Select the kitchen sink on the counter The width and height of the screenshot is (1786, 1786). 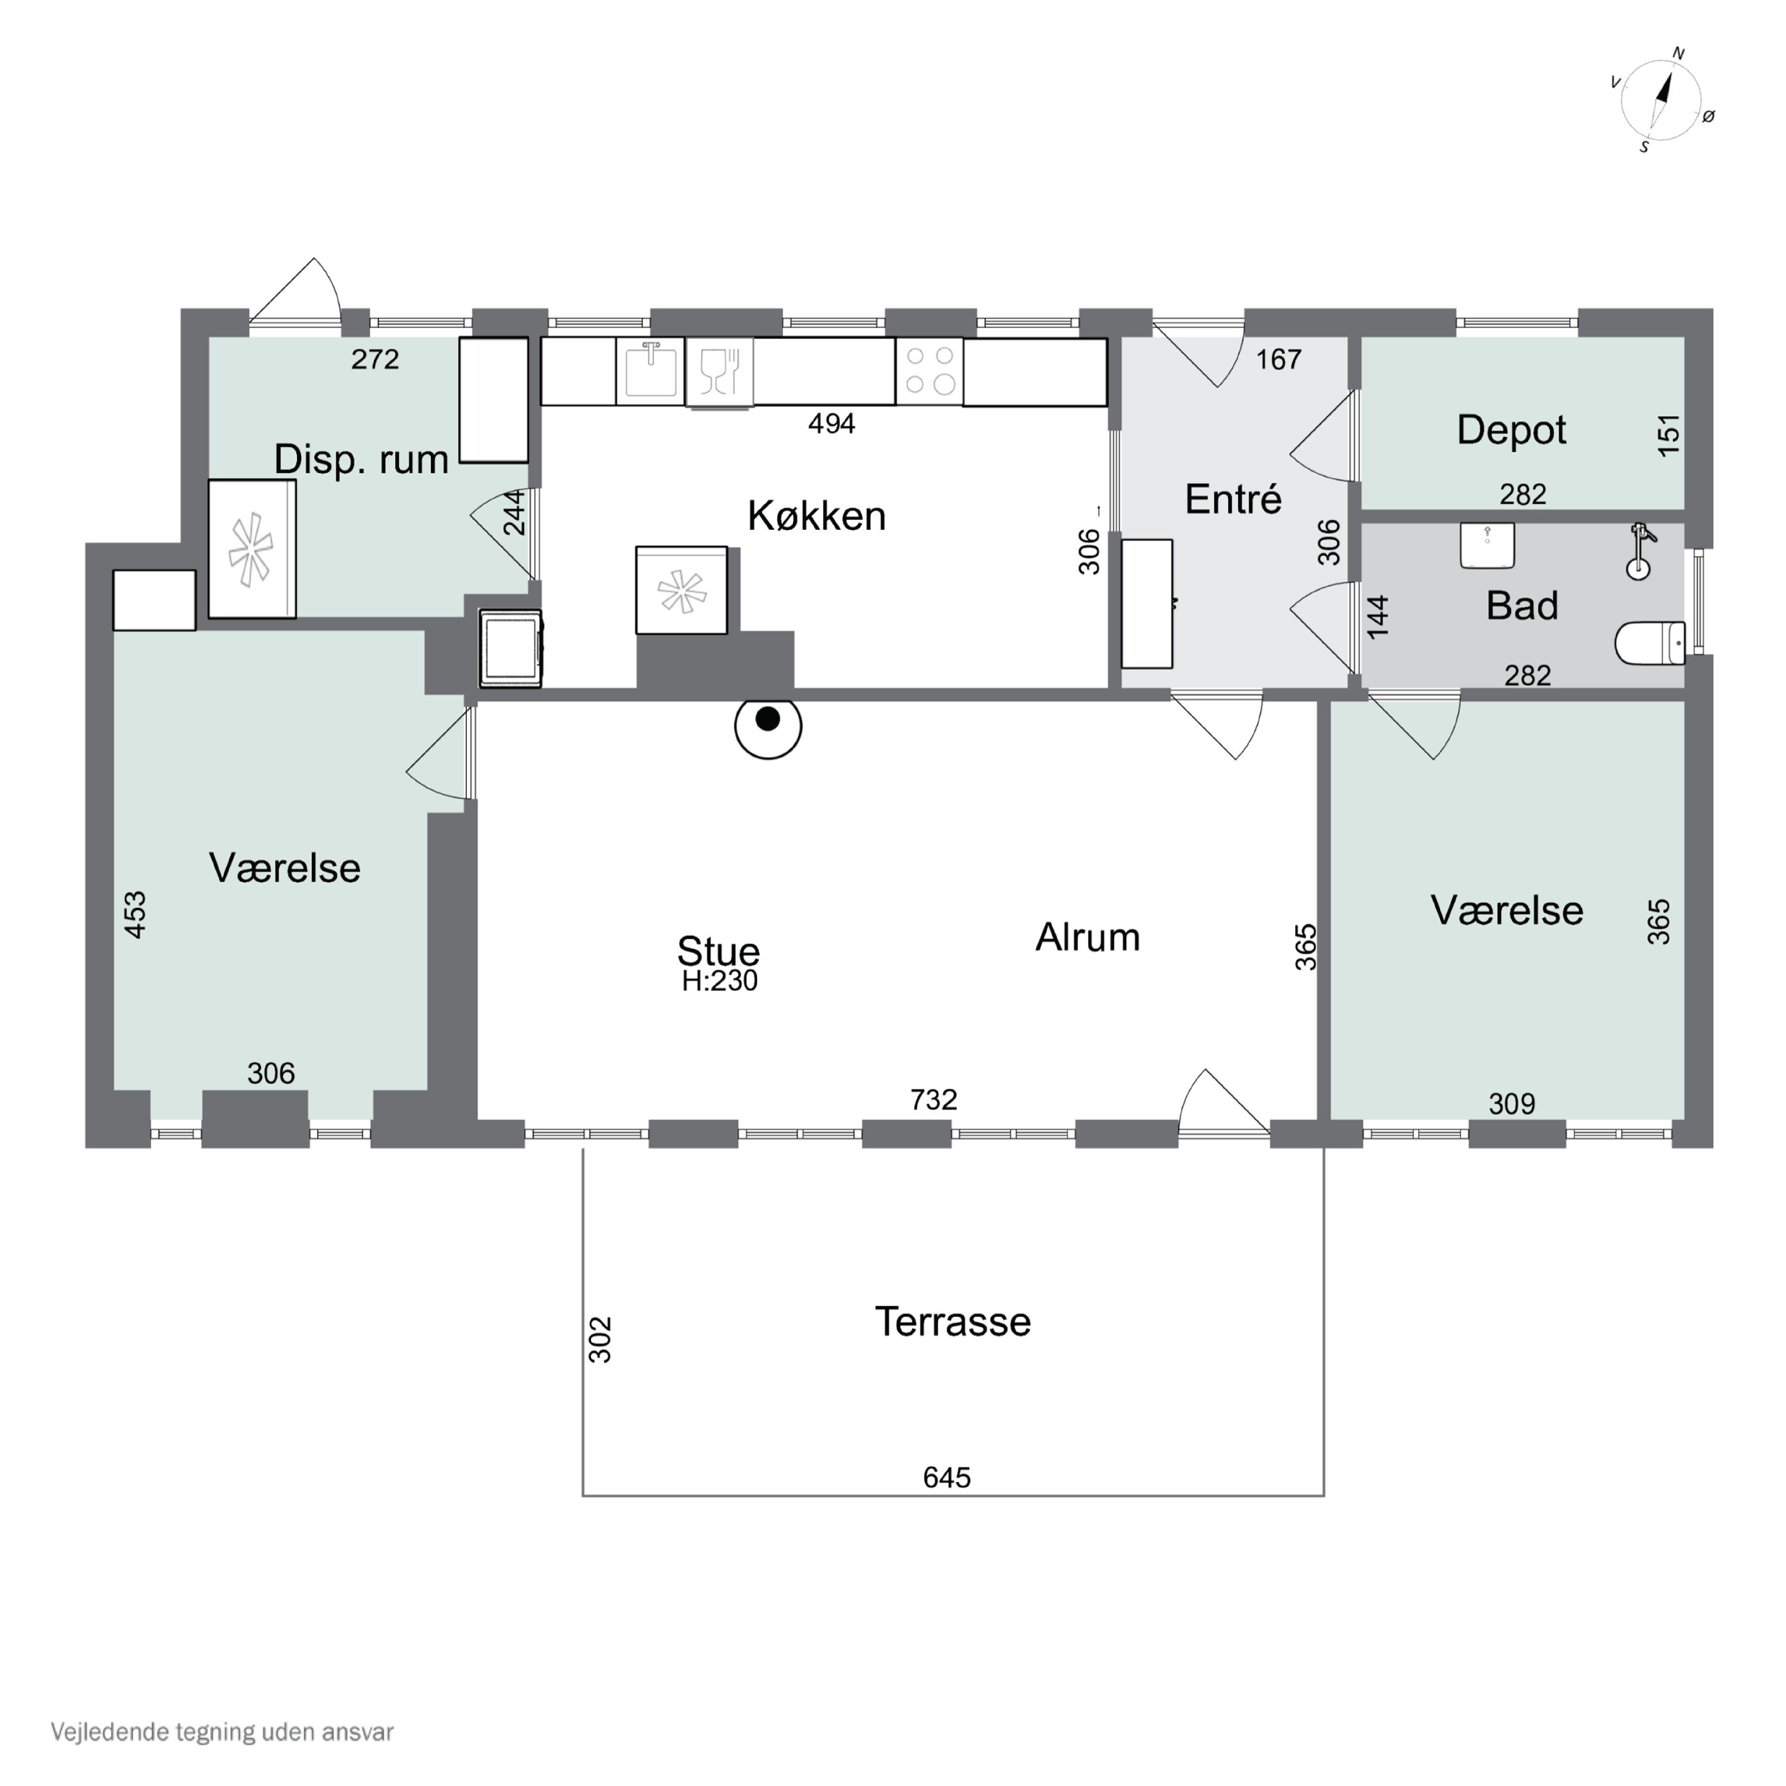coord(651,370)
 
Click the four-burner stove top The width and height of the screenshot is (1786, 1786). coord(930,371)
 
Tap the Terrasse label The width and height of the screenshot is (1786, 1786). coord(953,1321)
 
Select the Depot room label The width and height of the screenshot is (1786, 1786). coord(1512,430)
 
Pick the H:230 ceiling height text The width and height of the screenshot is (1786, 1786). coord(719,981)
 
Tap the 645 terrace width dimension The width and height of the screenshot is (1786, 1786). coord(947,1477)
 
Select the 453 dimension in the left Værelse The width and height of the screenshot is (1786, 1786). coord(136,914)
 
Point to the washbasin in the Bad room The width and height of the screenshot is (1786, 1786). coord(1487,545)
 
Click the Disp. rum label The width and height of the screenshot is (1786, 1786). coord(361,460)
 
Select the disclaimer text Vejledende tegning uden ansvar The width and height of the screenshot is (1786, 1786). coord(222,1731)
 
